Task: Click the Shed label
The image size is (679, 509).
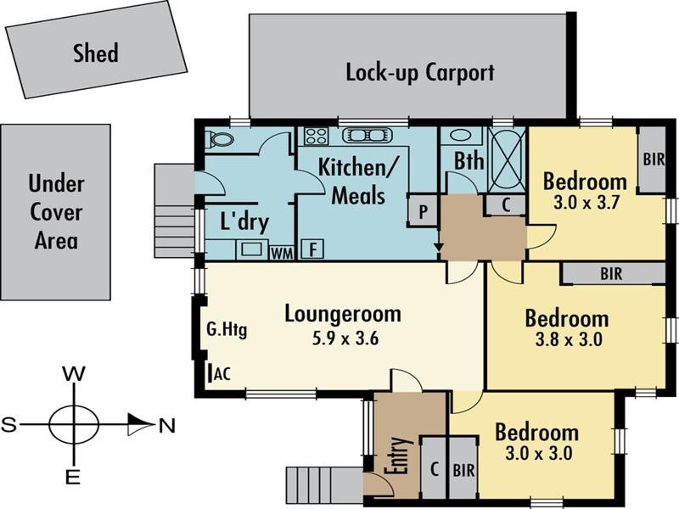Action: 96,53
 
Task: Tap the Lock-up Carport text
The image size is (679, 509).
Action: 420,72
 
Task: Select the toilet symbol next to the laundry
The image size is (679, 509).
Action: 220,139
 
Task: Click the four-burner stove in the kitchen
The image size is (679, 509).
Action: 316,136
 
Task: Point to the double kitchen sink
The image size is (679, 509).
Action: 368,136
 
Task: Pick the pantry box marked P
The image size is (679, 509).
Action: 423,211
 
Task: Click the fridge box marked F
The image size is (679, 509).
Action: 312,249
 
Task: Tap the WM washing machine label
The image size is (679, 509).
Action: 282,253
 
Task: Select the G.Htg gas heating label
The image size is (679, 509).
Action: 227,330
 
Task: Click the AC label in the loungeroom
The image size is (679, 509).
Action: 222,373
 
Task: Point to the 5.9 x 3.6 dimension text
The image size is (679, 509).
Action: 345,338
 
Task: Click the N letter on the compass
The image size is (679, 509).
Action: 166,427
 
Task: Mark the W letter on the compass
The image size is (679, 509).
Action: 74,374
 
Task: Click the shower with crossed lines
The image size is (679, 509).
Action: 507,160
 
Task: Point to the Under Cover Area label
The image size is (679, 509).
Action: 56,212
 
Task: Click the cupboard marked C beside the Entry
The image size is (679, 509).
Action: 434,468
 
